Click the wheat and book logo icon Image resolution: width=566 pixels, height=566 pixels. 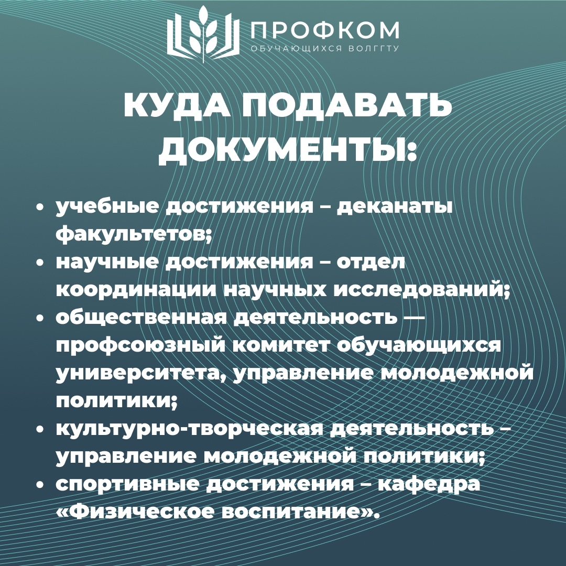pyautogui.click(x=203, y=34)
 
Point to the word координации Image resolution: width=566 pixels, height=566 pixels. pyautogui.click(x=136, y=290)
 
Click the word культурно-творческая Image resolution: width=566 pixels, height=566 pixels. pyautogui.click(x=189, y=429)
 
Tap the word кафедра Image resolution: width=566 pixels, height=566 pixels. pyautogui.click(x=429, y=484)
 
